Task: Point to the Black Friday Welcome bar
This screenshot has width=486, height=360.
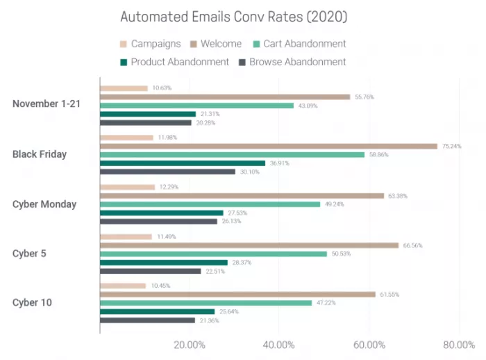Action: tap(268, 146)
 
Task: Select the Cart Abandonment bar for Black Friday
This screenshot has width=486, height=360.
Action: tap(232, 154)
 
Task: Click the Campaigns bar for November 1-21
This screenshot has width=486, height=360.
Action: tap(124, 88)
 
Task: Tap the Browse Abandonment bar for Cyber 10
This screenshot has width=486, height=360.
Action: tap(147, 320)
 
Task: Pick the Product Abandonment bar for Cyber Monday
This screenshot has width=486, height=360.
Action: tap(161, 213)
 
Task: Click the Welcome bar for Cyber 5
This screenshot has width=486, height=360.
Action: tap(249, 245)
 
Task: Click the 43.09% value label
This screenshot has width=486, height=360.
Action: tap(308, 106)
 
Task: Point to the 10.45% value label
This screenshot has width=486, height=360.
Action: tap(160, 286)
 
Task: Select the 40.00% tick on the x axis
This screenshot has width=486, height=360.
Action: tap(279, 345)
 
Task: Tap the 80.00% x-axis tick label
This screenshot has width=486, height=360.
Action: tap(458, 345)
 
